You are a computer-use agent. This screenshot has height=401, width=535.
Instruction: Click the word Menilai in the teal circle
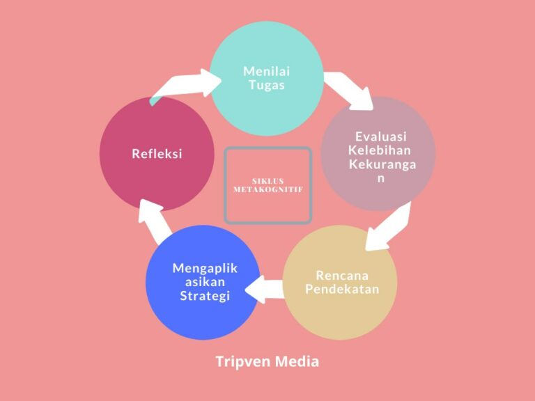(267, 71)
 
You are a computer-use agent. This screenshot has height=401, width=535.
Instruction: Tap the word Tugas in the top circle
(267, 85)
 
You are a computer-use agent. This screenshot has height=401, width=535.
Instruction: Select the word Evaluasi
(380, 136)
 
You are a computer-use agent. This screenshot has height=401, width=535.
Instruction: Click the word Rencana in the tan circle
(341, 275)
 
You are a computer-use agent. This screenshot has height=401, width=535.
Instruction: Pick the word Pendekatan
(342, 288)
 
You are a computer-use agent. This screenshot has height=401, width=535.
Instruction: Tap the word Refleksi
(157, 154)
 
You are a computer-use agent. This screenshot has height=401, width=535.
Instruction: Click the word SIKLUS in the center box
(267, 181)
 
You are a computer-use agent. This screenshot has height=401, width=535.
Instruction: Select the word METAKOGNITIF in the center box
(267, 189)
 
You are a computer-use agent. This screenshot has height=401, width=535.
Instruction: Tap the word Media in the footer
(299, 362)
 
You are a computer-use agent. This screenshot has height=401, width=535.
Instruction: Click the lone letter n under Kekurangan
(380, 178)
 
